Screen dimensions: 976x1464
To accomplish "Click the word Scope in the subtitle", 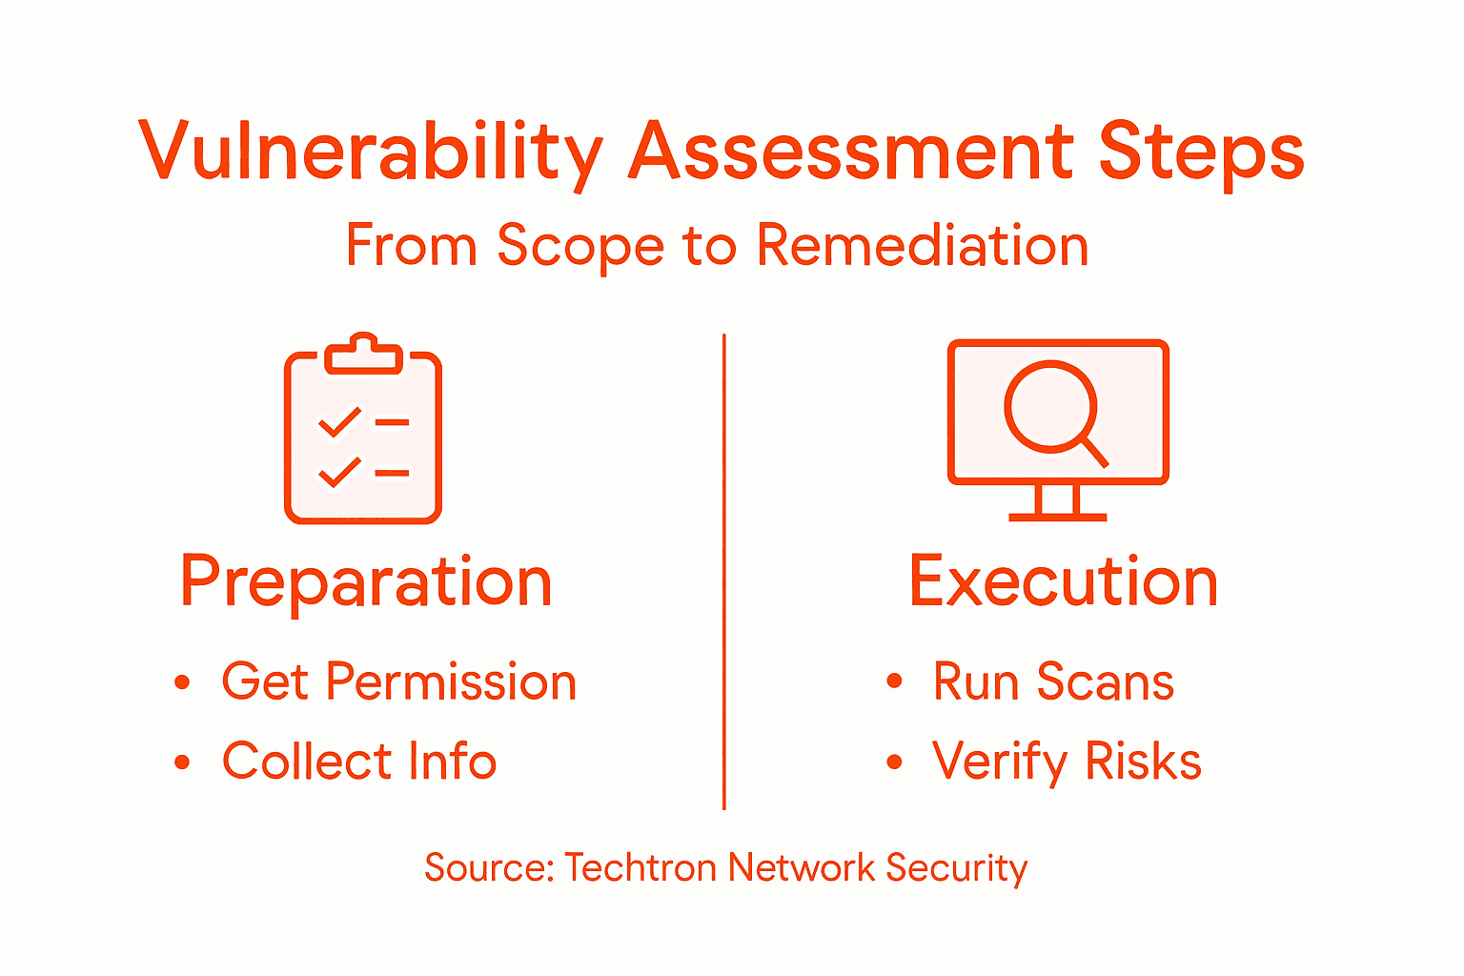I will click(579, 247).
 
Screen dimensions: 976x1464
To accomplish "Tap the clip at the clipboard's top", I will click(363, 354).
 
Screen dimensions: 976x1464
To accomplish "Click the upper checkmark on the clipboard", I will click(339, 421).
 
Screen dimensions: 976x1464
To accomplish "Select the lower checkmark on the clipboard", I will click(339, 472).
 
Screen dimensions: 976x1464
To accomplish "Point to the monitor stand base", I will click(1058, 517).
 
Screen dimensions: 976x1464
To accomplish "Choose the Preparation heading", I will click(366, 581).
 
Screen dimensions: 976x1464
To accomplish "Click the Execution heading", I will click(1064, 581).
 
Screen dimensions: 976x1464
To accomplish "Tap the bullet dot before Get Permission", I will click(182, 682).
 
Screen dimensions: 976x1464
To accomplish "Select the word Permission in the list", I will click(451, 682).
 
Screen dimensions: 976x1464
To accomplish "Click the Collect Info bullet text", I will click(359, 762).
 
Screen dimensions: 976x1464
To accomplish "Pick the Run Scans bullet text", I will click(1053, 682).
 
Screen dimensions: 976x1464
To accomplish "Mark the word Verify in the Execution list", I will click(1000, 762).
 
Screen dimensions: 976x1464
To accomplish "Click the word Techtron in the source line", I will click(640, 868).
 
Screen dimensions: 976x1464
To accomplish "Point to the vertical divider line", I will click(724, 572).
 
